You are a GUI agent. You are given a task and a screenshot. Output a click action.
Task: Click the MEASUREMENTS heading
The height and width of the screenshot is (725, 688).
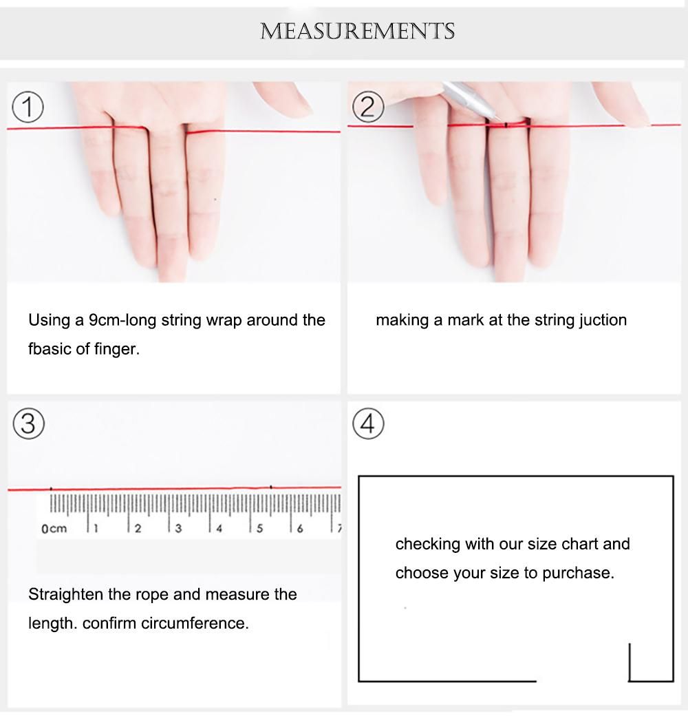click(x=357, y=31)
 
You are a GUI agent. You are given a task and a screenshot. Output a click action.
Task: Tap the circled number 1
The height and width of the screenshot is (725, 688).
click(x=28, y=107)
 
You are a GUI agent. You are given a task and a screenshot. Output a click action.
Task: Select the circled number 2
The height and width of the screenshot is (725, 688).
click(x=368, y=107)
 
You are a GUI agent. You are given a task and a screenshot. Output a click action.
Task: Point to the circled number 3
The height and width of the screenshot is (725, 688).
click(x=29, y=424)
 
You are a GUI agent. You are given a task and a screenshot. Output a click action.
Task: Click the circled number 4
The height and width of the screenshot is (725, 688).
click(x=368, y=424)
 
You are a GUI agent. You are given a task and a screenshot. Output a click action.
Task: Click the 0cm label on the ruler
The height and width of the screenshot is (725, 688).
click(x=54, y=529)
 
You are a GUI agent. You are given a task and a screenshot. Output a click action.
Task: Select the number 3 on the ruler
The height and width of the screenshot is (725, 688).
click(x=178, y=529)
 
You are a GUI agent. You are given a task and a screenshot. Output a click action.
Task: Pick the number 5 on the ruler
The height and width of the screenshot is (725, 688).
click(x=259, y=529)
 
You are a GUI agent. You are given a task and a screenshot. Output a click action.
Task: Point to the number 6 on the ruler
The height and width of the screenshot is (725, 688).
click(x=300, y=529)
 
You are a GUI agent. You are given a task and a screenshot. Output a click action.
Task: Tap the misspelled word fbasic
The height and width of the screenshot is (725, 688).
click(x=50, y=348)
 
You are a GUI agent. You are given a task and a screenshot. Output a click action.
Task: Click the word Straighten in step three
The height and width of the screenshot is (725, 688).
click(x=65, y=595)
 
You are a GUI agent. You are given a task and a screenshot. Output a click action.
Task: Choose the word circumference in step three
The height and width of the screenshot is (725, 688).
click(x=195, y=623)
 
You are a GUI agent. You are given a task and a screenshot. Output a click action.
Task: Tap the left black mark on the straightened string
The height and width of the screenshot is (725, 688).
click(x=51, y=488)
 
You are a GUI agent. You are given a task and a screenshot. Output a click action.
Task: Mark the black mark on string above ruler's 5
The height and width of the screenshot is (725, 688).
click(x=271, y=487)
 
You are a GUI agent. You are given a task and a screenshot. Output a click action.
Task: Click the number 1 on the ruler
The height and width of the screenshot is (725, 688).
click(x=96, y=529)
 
